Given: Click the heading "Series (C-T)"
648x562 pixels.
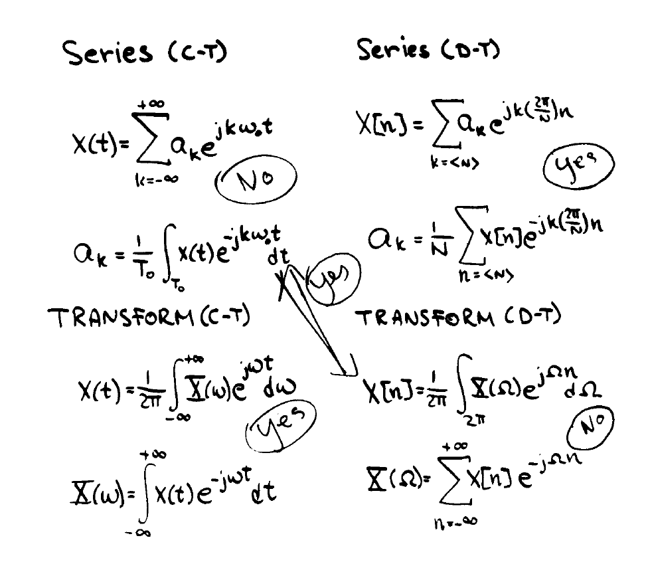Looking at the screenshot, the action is coord(145,52).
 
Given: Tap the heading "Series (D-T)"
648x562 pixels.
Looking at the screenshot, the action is coord(428,49).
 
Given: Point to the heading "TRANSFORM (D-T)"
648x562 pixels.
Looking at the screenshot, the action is coord(459,317).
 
